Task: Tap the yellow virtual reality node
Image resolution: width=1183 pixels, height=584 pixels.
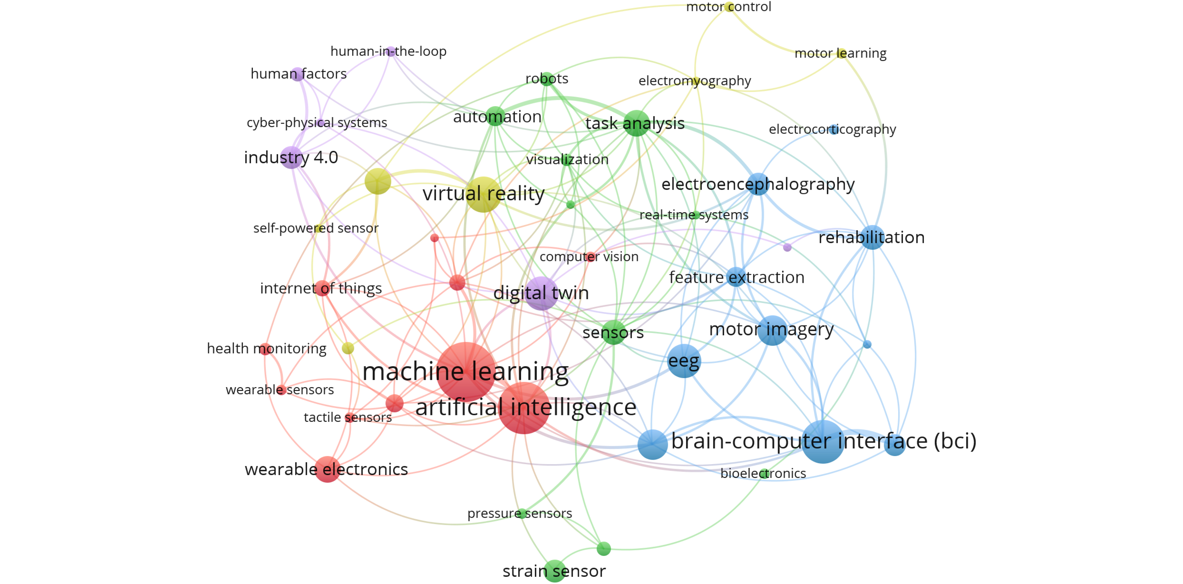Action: coord(484,194)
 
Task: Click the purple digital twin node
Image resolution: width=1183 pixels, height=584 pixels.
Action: coord(542,293)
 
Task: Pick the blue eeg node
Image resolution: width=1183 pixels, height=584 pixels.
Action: coord(684,361)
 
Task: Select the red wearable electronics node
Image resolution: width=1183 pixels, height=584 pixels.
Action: coord(327,469)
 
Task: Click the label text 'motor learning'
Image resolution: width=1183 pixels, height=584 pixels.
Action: coord(840,53)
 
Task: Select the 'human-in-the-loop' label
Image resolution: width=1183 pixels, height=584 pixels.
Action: coord(388,51)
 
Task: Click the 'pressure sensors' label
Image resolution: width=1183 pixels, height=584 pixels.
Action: coord(520,513)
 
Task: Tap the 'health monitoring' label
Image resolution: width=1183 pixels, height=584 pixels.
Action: coord(266,348)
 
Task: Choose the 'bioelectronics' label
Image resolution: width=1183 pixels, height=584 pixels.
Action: coord(763,473)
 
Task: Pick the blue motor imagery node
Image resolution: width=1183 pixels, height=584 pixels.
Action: coord(772,330)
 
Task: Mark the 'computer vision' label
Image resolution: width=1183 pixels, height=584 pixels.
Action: coord(589,257)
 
